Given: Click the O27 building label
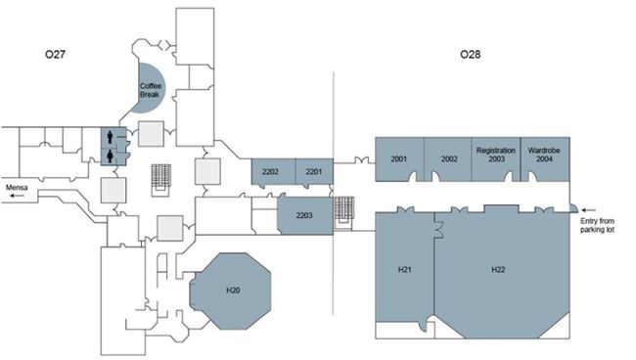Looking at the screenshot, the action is (55, 54).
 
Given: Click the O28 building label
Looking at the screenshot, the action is (471, 54).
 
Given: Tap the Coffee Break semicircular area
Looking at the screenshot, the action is (150, 88).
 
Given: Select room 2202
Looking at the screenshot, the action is (273, 172).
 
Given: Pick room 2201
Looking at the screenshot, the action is (314, 171).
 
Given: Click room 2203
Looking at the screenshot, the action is (305, 215).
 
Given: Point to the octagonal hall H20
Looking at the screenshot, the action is (231, 291).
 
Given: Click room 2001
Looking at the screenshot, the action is (399, 158).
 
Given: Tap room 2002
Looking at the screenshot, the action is (448, 158).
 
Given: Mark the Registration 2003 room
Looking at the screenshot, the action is (496, 158).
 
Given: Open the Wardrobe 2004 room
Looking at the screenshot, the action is (545, 158).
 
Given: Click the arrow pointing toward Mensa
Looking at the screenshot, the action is (17, 196).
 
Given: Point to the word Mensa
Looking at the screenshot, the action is (17, 187).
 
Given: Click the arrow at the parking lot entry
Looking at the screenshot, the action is (589, 210).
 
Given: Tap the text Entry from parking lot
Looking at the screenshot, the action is (597, 225).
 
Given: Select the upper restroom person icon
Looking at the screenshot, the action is (111, 137).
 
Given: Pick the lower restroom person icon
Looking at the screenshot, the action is (111, 157).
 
